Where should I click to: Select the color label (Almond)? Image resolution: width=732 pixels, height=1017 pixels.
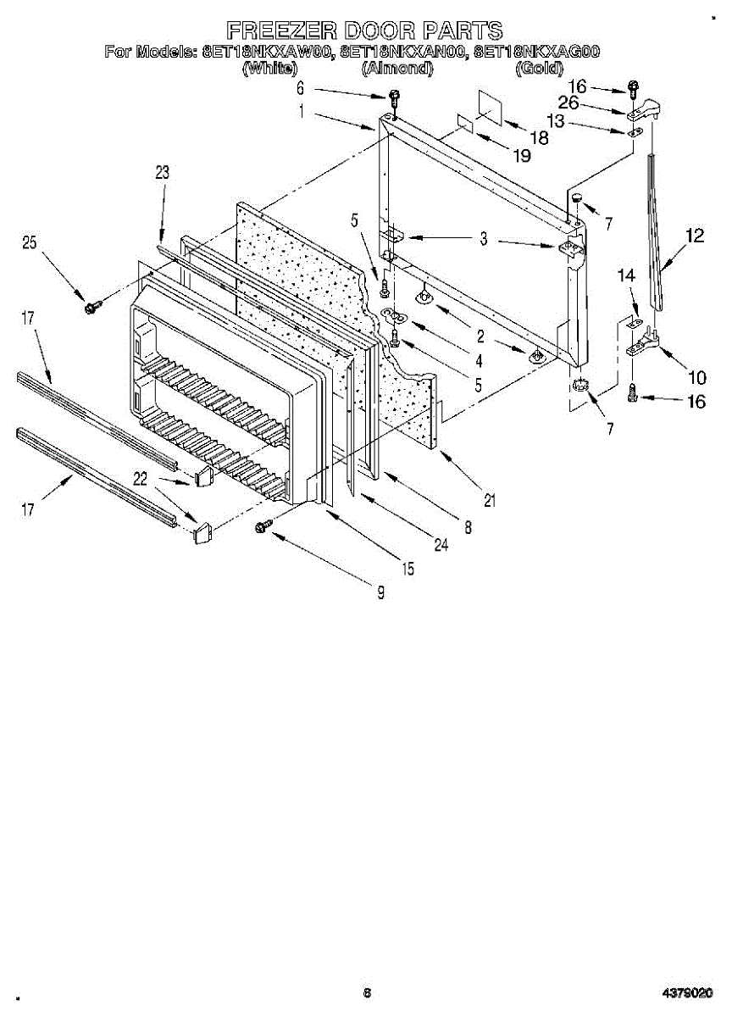(397, 69)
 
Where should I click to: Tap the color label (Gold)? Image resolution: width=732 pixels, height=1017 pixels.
(539, 69)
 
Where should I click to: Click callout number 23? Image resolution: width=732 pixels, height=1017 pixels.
(162, 173)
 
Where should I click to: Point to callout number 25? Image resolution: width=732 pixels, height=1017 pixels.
(30, 243)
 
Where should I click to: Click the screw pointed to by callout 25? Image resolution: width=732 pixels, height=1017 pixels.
(91, 305)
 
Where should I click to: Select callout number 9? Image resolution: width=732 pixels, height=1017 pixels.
(380, 593)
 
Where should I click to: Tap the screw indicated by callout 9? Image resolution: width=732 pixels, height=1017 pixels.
(261, 527)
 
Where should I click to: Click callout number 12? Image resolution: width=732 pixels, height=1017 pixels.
(695, 236)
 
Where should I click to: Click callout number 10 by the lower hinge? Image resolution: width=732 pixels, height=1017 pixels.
(695, 377)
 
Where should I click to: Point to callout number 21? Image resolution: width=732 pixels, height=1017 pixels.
(489, 500)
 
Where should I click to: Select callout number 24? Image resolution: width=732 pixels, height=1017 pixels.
(441, 546)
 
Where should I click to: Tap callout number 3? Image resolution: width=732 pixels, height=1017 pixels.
(483, 240)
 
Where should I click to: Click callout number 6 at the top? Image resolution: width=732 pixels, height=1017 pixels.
(300, 87)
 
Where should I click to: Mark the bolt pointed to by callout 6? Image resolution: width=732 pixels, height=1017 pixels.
(394, 96)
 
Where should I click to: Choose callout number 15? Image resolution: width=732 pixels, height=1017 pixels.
(408, 570)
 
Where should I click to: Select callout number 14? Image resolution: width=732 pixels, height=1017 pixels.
(625, 275)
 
